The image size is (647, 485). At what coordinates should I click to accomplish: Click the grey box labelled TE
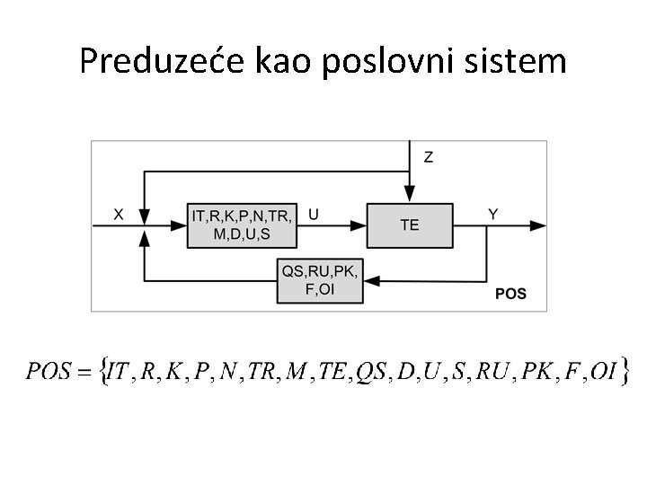409,225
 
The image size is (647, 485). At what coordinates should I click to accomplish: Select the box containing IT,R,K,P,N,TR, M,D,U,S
243,225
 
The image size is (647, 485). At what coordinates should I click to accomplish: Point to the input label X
119,214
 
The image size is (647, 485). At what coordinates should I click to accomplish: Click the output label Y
492,214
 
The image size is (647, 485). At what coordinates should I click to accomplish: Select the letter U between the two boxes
313,214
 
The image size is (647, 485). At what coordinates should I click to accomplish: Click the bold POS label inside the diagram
510,294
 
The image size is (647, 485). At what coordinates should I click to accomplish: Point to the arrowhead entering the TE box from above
409,195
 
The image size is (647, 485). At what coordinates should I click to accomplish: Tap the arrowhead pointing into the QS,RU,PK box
371,279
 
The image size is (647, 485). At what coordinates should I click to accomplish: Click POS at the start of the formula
49,371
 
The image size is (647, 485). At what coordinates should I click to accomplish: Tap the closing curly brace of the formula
624,370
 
